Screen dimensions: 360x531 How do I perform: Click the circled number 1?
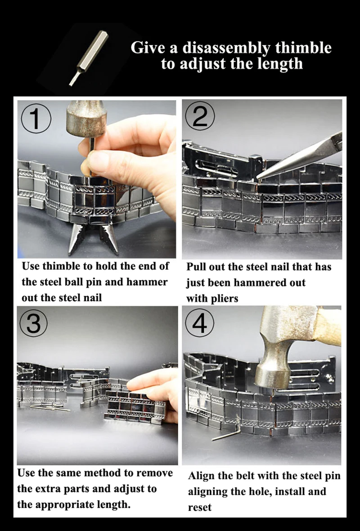(36, 119)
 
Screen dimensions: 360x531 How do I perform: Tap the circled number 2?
(200, 116)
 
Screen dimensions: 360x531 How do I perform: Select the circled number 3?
(33, 323)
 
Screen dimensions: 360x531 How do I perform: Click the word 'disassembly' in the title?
(226, 48)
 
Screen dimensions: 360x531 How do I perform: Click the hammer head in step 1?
(86, 119)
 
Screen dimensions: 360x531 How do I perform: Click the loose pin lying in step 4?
(226, 435)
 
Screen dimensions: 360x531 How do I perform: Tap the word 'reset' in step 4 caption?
(200, 507)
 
